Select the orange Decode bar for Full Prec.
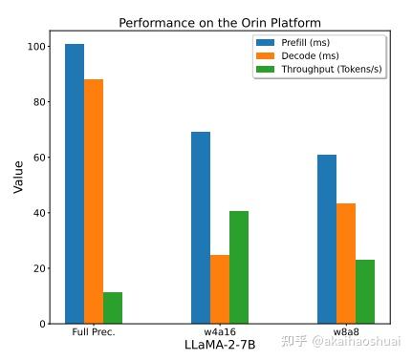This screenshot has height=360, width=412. pyautogui.click(x=94, y=201)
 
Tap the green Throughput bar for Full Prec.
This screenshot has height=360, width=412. pyautogui.click(x=113, y=307)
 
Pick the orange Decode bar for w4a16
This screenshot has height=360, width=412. pyautogui.click(x=220, y=289)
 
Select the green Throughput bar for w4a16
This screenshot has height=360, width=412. pyautogui.click(x=239, y=267)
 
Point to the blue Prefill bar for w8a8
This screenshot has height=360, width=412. pyautogui.click(x=327, y=239)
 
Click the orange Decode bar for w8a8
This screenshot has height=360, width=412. pyautogui.click(x=346, y=264)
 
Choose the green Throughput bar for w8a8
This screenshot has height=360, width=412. pyautogui.click(x=365, y=291)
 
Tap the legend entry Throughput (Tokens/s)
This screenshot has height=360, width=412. pyautogui.click(x=320, y=70)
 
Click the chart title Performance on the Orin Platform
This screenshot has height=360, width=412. pyautogui.click(x=219, y=22)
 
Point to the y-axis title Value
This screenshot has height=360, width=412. pyautogui.click(x=18, y=177)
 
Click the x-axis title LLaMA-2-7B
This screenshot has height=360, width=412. pyautogui.click(x=219, y=345)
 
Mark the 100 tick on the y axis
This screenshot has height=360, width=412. pyautogui.click(x=35, y=46)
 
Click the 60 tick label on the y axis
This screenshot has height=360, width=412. pyautogui.click(x=38, y=158)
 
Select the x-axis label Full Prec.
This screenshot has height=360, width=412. pyautogui.click(x=94, y=332)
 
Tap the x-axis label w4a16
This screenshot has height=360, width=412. pyautogui.click(x=220, y=332)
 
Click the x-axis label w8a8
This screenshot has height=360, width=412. pyautogui.click(x=346, y=332)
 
